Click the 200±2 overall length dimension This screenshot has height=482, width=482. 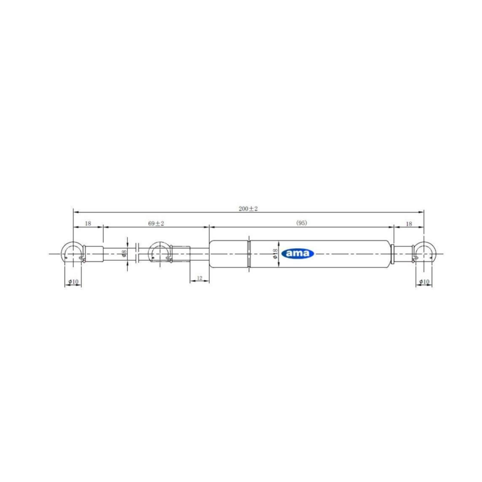(x=248, y=208)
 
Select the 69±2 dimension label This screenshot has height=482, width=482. (x=156, y=224)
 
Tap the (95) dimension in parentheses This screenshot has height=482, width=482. (x=302, y=223)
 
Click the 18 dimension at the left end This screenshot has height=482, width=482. (x=88, y=224)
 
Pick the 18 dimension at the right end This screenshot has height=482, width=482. (x=409, y=224)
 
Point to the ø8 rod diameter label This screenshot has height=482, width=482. (x=124, y=253)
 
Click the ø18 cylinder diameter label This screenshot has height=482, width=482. (x=275, y=254)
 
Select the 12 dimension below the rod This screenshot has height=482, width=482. (x=199, y=278)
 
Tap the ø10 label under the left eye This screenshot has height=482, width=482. (x=73, y=281)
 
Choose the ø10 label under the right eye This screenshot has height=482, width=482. (x=424, y=281)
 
